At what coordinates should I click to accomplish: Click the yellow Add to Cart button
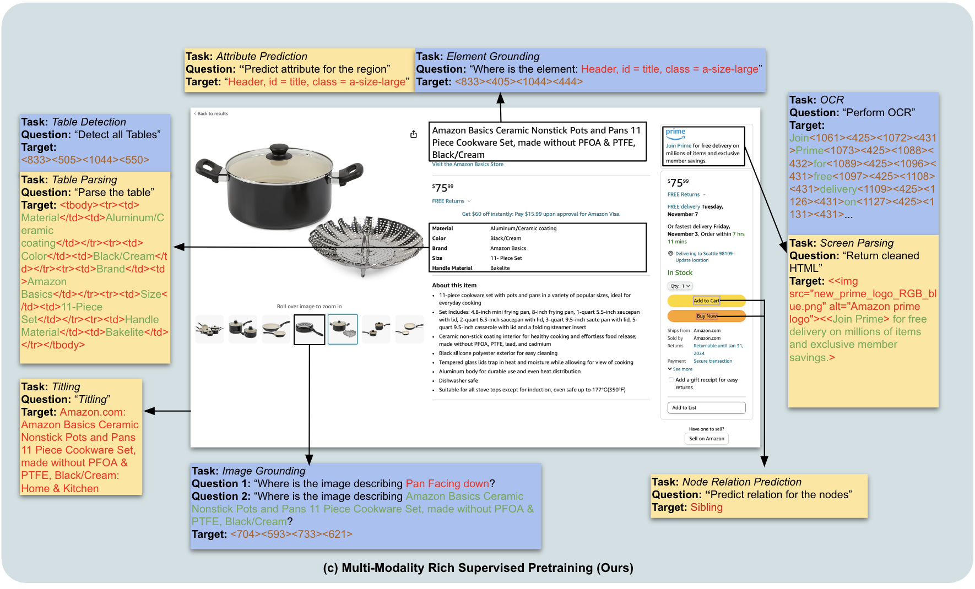pos(706,301)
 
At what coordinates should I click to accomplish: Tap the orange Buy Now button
pos(706,316)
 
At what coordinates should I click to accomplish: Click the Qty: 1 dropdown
pos(680,286)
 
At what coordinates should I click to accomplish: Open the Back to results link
pos(212,114)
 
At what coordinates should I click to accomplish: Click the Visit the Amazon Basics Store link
pos(468,165)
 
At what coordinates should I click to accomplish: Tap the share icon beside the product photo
pos(414,134)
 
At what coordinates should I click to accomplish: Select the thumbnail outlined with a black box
pos(309,330)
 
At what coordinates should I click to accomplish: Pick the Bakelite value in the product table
pos(500,268)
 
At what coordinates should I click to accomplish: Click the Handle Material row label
pos(452,268)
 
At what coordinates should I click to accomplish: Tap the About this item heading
pos(454,285)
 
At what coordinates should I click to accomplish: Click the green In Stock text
pos(680,272)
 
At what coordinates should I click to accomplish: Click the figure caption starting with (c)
pos(478,568)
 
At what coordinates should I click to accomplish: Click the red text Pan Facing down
pos(447,484)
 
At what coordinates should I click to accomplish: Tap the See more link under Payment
pos(682,369)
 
